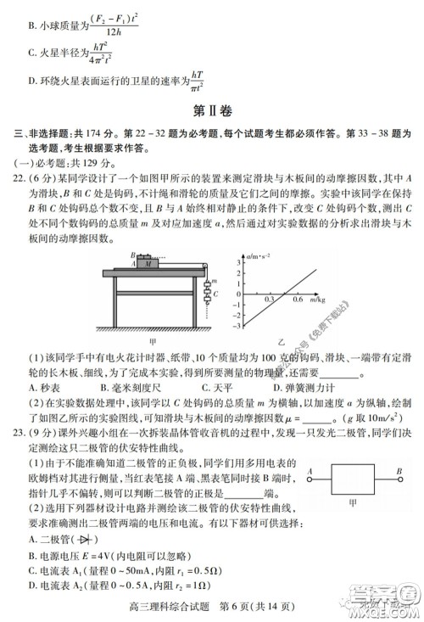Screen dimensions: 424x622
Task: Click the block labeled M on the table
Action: [x=150, y=263]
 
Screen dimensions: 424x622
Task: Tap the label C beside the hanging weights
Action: [x=216, y=294]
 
